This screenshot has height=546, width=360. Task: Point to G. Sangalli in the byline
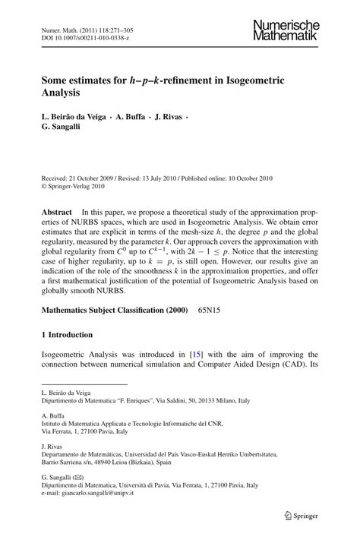point(65,129)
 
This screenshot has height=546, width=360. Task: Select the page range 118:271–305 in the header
point(114,27)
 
